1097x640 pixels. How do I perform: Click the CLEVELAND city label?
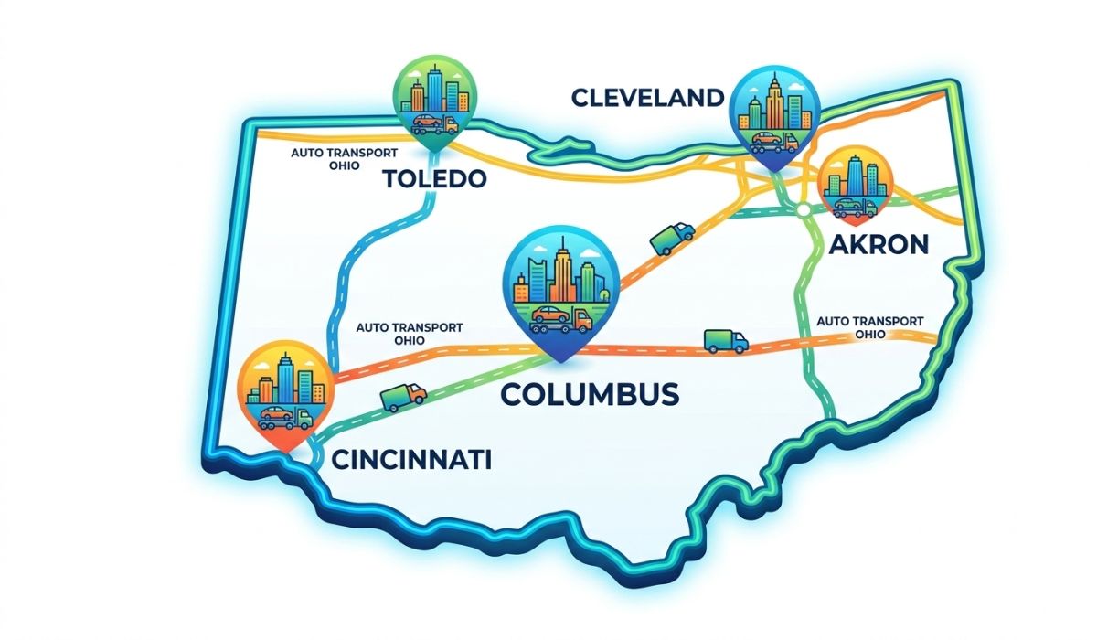click(x=648, y=98)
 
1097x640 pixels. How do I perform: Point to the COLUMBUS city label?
click(x=591, y=394)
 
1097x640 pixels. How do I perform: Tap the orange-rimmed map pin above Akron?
click(x=855, y=187)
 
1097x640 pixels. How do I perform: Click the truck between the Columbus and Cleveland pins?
click(x=672, y=237)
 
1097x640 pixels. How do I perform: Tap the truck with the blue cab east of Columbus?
click(x=726, y=342)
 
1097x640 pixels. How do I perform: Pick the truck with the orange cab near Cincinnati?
click(x=403, y=396)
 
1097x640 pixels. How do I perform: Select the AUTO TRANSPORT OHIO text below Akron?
click(x=869, y=327)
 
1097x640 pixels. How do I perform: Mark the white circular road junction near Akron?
click(x=803, y=211)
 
